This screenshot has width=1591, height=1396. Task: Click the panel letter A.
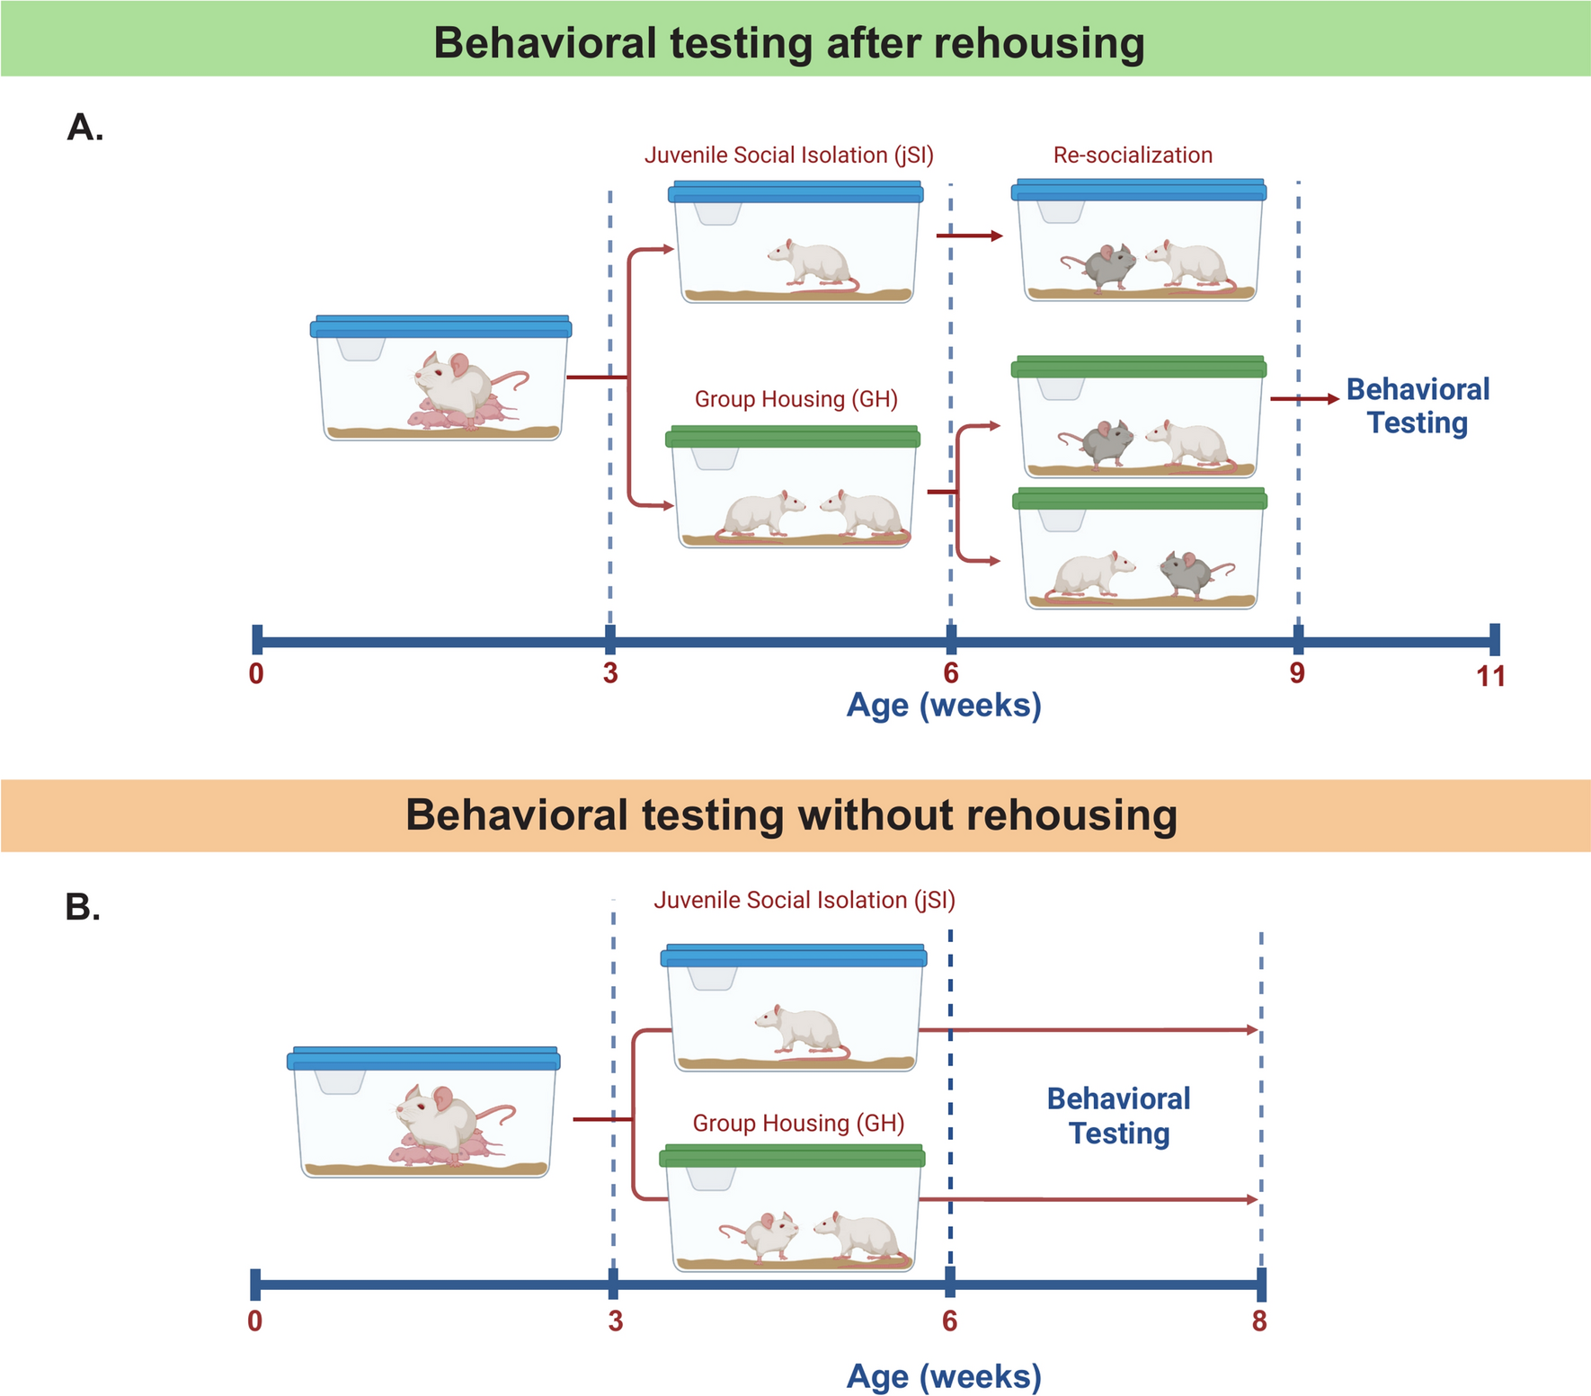85,129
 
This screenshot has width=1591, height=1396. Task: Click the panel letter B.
83,908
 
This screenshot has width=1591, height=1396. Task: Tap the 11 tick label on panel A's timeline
1490,676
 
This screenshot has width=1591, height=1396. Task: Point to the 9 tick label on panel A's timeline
1297,673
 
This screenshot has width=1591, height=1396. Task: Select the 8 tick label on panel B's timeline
1259,1320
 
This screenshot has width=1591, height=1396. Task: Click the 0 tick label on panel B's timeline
255,1320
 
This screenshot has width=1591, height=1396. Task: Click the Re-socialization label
1133,156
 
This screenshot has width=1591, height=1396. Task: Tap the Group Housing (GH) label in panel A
795,399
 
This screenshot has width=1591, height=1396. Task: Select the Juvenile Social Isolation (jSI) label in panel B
804,901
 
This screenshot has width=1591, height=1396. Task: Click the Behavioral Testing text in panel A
1418,405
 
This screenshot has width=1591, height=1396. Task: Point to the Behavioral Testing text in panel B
1118,1116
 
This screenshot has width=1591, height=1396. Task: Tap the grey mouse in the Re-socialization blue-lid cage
1103,264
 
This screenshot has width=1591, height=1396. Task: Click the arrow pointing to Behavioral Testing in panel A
1304,399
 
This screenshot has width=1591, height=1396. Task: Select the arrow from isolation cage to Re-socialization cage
969,236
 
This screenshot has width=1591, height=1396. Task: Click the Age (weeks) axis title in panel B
944,1376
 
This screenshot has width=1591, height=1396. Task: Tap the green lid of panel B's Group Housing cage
792,1156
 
